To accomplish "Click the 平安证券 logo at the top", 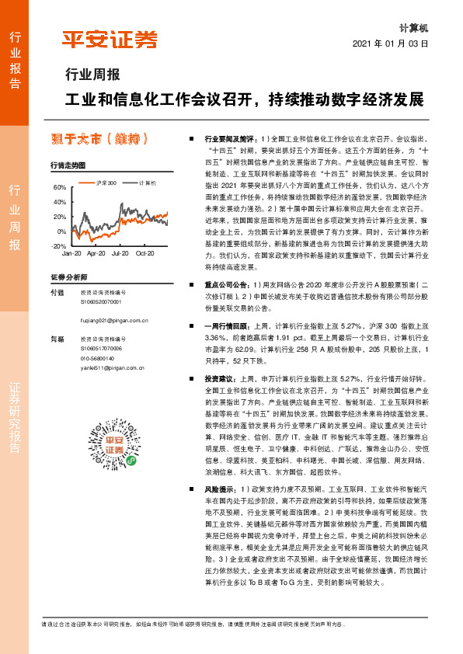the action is tap(110, 40).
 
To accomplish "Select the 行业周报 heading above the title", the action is tap(92, 75).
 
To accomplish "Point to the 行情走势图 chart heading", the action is tap(68, 165).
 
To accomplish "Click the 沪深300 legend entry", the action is tap(102, 183).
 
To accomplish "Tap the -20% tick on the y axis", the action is tap(59, 245).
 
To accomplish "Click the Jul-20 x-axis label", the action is tap(120, 253).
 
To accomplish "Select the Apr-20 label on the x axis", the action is tap(96, 253).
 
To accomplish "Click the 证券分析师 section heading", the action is tap(68, 277).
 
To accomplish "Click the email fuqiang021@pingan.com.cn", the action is tap(114, 319).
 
